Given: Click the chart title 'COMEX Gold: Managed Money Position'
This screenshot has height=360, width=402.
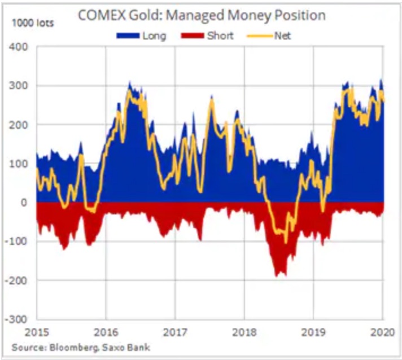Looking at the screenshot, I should click(201, 15).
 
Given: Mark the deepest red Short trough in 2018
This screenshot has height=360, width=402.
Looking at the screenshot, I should click(277, 275).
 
